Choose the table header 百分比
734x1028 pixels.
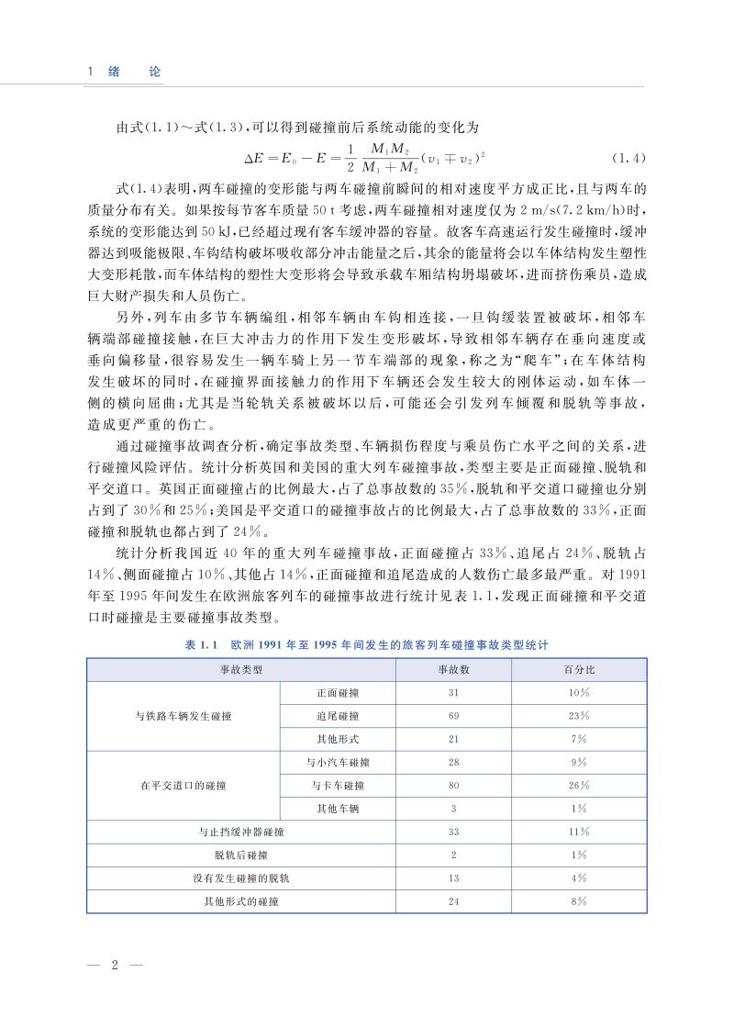point(578,670)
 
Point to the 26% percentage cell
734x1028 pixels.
point(578,786)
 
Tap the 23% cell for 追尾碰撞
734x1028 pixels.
point(578,716)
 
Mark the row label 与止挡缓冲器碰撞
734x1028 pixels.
point(240,832)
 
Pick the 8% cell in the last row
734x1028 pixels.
point(578,901)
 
